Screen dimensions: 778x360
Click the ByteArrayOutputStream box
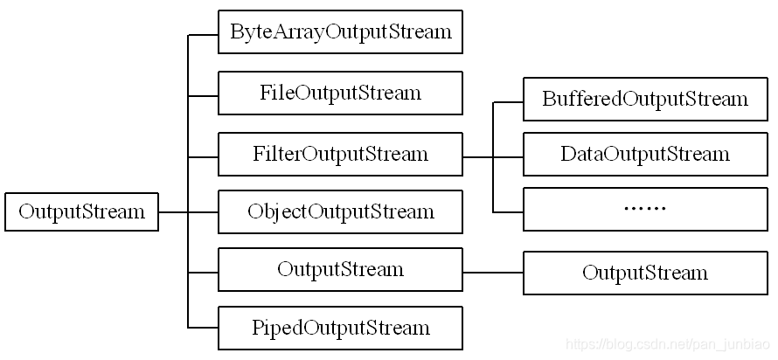pos(340,31)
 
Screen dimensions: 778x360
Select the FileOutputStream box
pos(340,93)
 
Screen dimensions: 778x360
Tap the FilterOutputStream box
pos(340,154)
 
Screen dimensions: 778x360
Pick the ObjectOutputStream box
pos(340,211)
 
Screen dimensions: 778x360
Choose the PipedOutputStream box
pos(340,328)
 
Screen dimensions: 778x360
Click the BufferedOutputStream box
pos(645,99)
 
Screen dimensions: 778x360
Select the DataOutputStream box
pos(645,154)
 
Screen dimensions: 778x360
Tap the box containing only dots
pos(645,209)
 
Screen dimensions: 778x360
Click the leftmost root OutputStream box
pos(81,211)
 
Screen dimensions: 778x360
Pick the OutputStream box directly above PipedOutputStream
pos(340,269)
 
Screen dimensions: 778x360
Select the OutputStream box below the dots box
pos(645,273)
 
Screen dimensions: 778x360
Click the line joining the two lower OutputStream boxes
pos(493,273)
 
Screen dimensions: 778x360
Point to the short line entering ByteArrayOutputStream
pos(203,35)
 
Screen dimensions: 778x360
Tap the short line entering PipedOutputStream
pos(203,328)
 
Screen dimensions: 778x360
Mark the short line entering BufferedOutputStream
pos(508,102)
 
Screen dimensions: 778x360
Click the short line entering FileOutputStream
pos(203,96)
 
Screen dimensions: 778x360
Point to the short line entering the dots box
pos(508,212)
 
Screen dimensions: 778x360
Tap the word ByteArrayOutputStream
pos(341,31)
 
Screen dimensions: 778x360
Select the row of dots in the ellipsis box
pos(645,209)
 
